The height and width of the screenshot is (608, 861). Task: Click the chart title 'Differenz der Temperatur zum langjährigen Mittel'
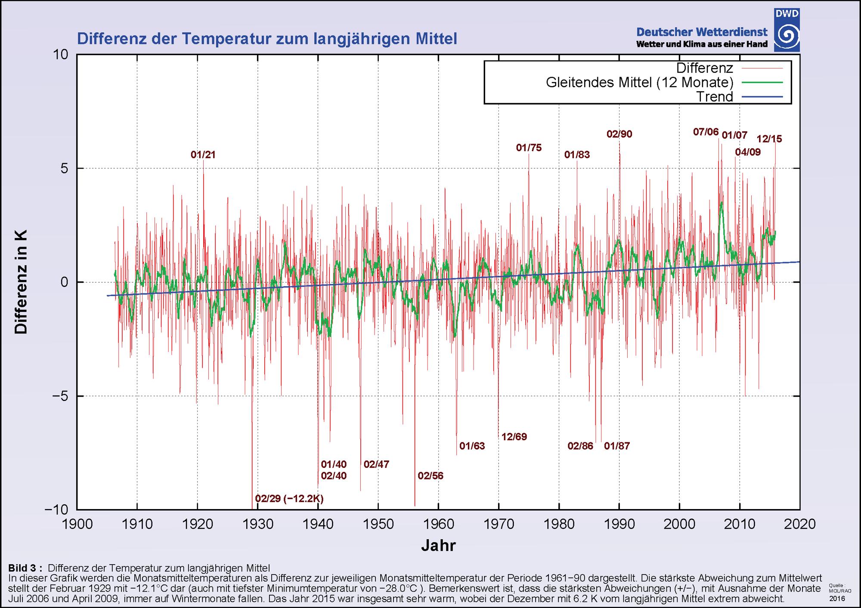tap(267, 39)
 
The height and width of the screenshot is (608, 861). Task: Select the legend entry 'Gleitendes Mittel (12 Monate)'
tap(639, 82)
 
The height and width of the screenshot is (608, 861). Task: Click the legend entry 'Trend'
tap(714, 97)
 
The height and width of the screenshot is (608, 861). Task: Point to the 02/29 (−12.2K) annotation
tap(289, 499)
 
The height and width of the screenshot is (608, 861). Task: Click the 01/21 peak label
tap(203, 155)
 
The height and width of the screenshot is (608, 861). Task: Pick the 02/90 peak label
tap(619, 134)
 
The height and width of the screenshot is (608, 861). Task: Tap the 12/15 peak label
tap(769, 139)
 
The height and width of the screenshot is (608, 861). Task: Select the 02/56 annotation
tap(430, 476)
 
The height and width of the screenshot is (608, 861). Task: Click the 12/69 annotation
tap(514, 437)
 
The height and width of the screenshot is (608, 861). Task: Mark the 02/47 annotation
tap(376, 464)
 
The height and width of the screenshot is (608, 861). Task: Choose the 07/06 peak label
tap(706, 132)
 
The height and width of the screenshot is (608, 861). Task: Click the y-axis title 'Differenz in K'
tap(21, 282)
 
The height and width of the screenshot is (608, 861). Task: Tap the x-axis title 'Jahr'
tap(438, 546)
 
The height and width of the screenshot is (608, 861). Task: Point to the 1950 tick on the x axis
tap(378, 524)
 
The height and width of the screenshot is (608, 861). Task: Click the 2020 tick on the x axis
tap(800, 524)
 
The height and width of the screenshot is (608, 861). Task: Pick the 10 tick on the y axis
tap(61, 55)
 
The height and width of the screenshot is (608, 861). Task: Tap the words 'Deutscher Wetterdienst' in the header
tap(702, 32)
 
